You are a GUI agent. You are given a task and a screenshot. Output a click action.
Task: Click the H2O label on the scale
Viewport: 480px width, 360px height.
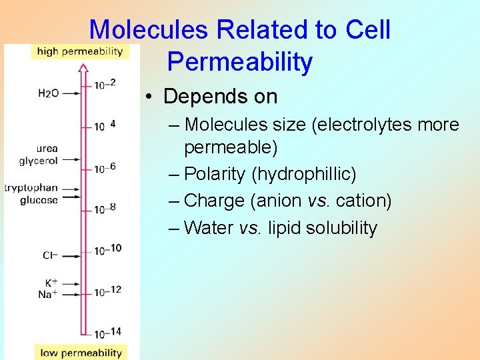click(x=49, y=93)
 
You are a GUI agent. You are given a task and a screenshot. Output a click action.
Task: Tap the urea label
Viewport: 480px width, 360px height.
click(x=47, y=149)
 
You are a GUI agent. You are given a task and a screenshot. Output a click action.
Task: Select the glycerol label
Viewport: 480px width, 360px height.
click(x=39, y=161)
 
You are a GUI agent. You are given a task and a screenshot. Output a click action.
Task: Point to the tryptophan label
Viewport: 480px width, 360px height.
click(x=31, y=188)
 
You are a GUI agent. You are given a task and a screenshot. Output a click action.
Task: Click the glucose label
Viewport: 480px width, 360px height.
click(x=39, y=200)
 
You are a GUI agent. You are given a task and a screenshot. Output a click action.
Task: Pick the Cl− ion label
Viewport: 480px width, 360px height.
click(x=50, y=255)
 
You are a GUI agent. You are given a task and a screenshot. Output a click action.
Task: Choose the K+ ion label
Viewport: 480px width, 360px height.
click(x=51, y=283)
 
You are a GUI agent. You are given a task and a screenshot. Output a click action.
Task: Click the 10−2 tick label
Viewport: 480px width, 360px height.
click(x=105, y=83)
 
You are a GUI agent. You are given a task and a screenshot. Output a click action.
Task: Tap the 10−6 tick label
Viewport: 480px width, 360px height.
click(x=105, y=167)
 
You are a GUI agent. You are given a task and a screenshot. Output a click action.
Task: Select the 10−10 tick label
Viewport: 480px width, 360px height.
click(x=107, y=249)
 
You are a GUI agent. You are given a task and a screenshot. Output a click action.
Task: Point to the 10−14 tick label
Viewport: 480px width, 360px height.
click(x=107, y=333)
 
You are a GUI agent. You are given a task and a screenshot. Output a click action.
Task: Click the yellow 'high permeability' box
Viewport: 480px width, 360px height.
click(x=80, y=51)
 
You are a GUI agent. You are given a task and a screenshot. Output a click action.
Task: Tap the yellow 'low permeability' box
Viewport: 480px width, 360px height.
click(x=81, y=353)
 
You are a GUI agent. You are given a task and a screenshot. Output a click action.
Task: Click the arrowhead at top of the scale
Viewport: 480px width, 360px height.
click(x=83, y=67)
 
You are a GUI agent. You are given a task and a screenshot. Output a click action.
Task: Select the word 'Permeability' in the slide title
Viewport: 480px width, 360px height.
click(x=239, y=62)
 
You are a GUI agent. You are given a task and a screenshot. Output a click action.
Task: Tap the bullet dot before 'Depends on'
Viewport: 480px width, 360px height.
click(x=151, y=97)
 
